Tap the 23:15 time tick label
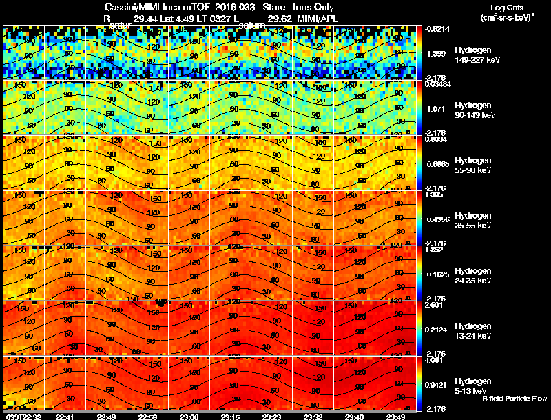229,417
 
